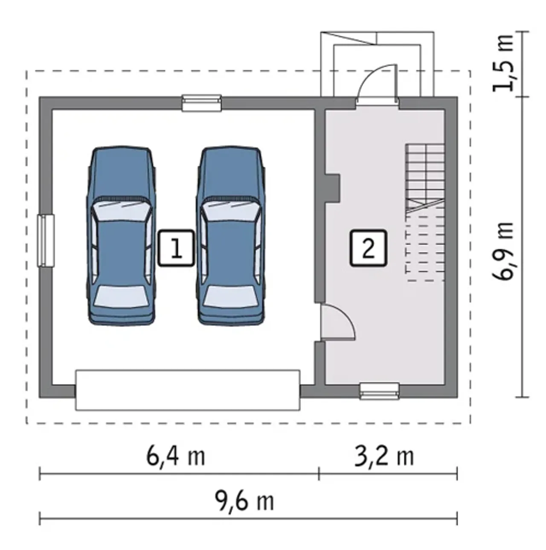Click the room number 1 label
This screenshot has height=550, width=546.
tap(176, 248)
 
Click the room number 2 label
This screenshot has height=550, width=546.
tap(368, 248)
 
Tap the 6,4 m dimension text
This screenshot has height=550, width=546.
tap(176, 457)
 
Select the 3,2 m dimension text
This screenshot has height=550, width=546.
tap(384, 457)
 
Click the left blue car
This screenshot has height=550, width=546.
tap(121, 236)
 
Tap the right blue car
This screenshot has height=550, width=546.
tap(230, 236)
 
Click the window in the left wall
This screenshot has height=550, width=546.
tap(46, 241)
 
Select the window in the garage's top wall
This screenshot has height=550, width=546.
tap(202, 103)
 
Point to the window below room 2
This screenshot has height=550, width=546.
tap(379, 391)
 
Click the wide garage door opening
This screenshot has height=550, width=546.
tap(188, 390)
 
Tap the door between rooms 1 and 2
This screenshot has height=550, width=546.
tap(337, 323)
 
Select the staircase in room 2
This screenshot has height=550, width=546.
tap(425, 213)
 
